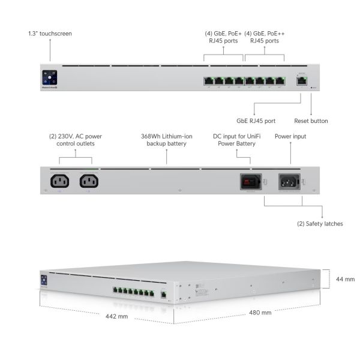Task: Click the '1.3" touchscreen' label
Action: pyautogui.click(x=50, y=34)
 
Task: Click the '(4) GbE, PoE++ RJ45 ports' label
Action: pyautogui.click(x=265, y=37)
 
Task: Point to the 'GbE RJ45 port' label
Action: pyautogui.click(x=256, y=121)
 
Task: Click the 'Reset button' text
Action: pyautogui.click(x=311, y=121)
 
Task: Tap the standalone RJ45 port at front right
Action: pyautogui.click(x=300, y=80)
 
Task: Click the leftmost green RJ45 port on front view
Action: pyautogui.click(x=208, y=80)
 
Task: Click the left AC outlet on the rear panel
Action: pyautogui.click(x=60, y=181)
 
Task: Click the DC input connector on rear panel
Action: pyautogui.click(x=250, y=181)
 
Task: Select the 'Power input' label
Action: pyautogui.click(x=290, y=136)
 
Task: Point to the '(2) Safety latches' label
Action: pyautogui.click(x=320, y=224)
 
